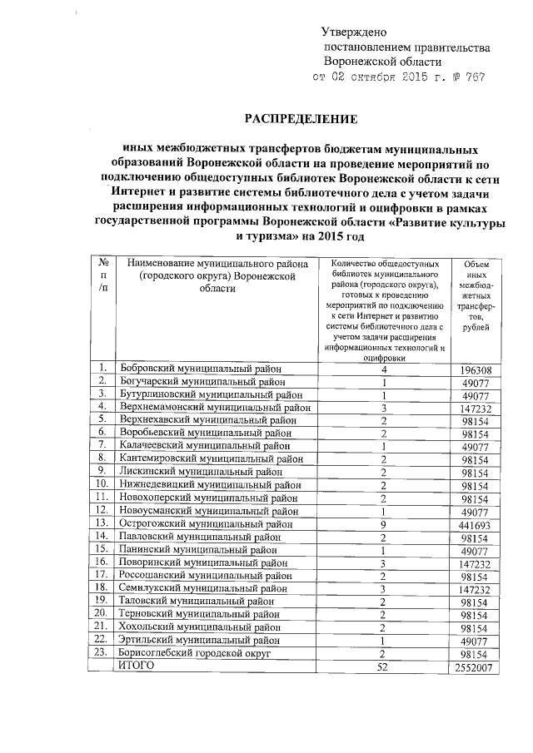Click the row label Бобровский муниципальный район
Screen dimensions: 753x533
pos(201,368)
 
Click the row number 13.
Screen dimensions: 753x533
pos(102,523)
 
